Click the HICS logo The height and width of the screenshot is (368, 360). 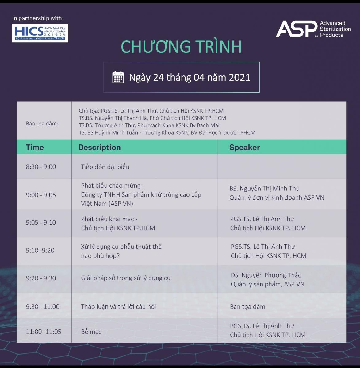40,33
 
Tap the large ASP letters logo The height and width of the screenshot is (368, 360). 297,29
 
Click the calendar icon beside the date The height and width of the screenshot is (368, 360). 118,77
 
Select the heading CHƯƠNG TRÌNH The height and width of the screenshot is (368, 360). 181,47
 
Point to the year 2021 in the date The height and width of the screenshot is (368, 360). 239,77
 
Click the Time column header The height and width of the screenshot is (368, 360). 35,147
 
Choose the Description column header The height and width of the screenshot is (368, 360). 99,147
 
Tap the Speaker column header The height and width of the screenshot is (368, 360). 244,147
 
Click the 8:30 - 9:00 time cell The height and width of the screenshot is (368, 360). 41,167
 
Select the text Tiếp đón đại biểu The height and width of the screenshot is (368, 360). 105,167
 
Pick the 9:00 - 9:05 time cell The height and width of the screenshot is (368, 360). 41,195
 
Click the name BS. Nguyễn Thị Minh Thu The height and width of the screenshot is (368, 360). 264,189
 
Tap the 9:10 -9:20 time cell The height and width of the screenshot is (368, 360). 40,250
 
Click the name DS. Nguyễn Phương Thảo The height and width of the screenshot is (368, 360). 266,275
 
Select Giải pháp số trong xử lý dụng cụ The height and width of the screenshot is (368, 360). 126,278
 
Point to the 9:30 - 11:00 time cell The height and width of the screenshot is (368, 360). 43,306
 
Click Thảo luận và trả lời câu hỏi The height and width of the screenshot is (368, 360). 119,306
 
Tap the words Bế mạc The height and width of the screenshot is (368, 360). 91,332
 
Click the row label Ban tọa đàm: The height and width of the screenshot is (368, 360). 42,124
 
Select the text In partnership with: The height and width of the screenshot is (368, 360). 38,18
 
